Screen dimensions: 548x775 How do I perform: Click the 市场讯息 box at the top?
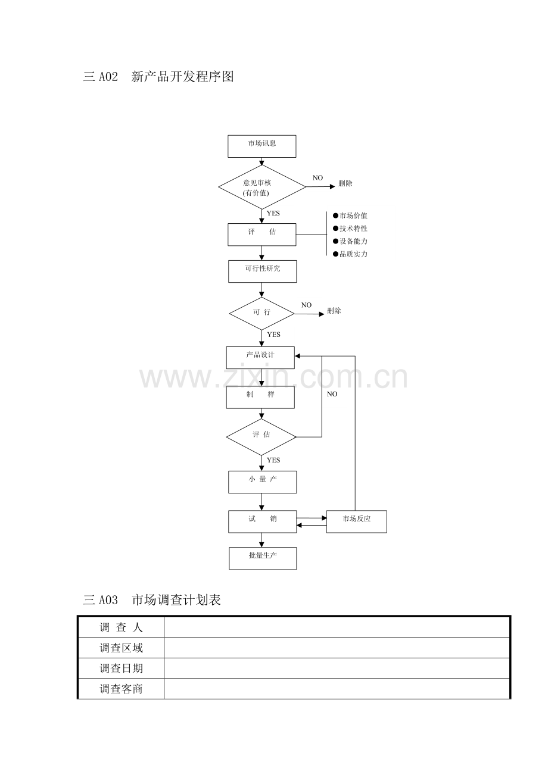click(261, 146)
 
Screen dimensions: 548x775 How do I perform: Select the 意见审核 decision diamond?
click(262, 187)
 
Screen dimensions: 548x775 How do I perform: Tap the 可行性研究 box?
click(263, 271)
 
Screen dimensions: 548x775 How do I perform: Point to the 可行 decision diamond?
click(261, 314)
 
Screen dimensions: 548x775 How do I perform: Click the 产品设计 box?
click(260, 357)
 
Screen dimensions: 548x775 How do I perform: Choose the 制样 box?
click(261, 397)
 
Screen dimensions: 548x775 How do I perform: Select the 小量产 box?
click(263, 482)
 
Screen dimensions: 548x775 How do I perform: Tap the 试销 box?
click(263, 521)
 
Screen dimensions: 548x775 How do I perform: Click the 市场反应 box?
click(357, 521)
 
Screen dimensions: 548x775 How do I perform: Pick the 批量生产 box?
click(263, 558)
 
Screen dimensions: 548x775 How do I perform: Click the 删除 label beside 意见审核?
click(345, 183)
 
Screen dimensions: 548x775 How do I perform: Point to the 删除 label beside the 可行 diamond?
click(334, 311)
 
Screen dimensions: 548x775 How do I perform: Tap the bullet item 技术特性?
click(350, 229)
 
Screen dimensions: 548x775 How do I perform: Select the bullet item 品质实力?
click(350, 254)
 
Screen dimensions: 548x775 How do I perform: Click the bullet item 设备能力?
click(350, 241)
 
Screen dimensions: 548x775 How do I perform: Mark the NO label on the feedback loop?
click(332, 393)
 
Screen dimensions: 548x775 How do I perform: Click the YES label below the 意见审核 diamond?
click(273, 213)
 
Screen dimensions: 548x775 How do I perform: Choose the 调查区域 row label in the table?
click(121, 648)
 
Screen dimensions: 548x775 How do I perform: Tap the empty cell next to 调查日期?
click(337, 668)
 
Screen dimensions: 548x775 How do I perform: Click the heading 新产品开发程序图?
click(182, 76)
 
